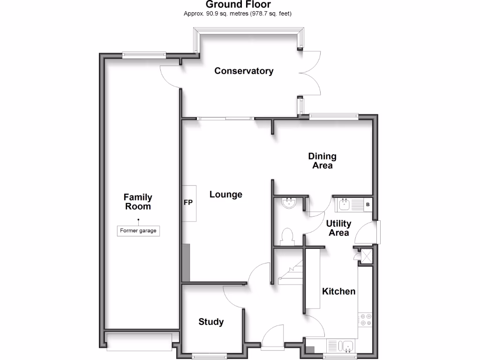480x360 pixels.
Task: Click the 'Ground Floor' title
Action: (x=238, y=5)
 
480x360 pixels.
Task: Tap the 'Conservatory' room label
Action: (x=244, y=71)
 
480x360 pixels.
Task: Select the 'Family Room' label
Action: (x=138, y=202)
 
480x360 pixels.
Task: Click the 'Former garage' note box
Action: (x=138, y=231)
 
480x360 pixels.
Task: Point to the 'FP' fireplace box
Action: (x=189, y=203)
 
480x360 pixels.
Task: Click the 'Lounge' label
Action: (x=225, y=195)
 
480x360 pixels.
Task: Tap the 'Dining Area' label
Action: (x=322, y=161)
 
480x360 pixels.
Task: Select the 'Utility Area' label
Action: (x=338, y=228)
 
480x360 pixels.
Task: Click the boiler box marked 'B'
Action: (x=367, y=204)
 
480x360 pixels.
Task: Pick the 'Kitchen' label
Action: (x=338, y=292)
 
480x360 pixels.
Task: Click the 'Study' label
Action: (x=211, y=322)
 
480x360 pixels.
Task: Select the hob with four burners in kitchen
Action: (x=365, y=320)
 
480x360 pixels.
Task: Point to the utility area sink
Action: (x=345, y=204)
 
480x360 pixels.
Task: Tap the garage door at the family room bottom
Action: (x=139, y=342)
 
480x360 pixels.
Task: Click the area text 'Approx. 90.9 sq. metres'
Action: (x=219, y=14)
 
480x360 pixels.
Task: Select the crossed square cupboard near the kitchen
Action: (x=365, y=255)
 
